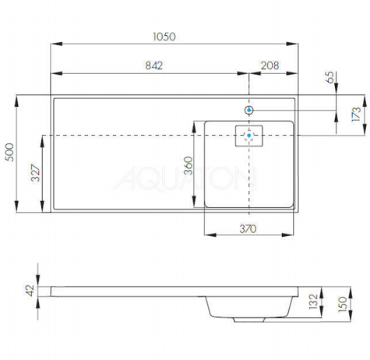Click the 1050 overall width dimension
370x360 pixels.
pos(164,37)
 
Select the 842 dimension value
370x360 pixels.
pos(154,65)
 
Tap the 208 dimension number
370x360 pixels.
pos(270,65)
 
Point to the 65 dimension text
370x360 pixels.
pos(329,77)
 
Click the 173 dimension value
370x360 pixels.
pos(356,115)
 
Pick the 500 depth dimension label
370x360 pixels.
pos(9,153)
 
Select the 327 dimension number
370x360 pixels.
pos(36,173)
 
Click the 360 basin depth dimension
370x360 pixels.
pos(189,165)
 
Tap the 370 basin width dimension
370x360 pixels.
pos(248,229)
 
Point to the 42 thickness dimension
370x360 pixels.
pos(30,291)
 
